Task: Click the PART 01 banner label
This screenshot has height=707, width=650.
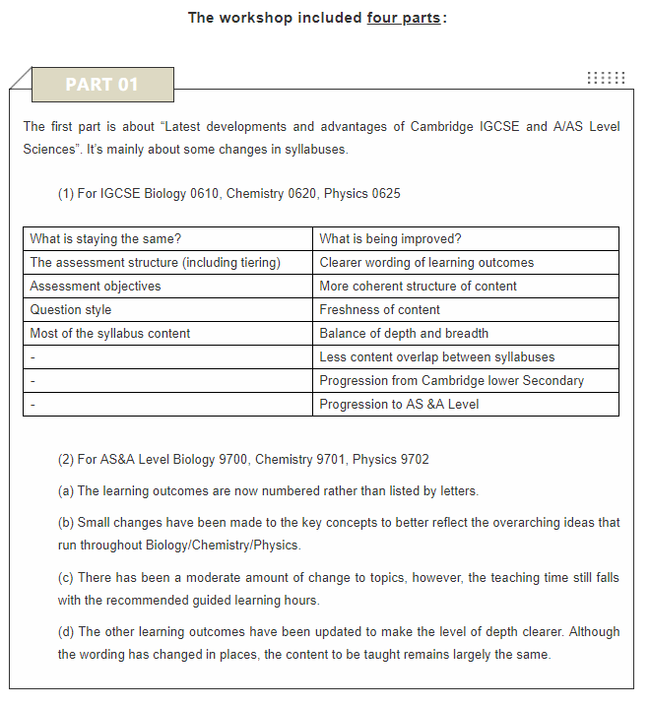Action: (x=102, y=85)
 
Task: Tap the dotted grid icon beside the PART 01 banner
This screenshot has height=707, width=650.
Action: (x=606, y=78)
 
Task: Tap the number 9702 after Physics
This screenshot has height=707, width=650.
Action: (x=413, y=460)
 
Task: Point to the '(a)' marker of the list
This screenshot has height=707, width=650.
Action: (x=66, y=491)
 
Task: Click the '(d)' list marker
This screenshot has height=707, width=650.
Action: (x=66, y=632)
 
